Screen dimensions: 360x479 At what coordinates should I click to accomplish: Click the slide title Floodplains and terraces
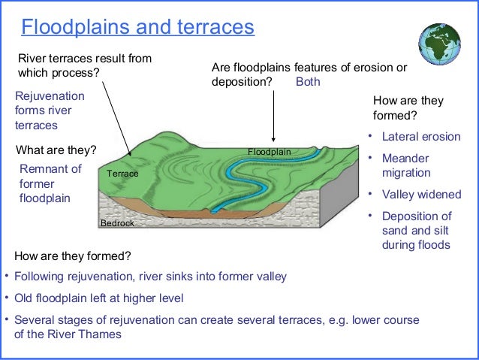click(137, 28)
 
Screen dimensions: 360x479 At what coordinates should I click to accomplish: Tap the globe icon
click(439, 38)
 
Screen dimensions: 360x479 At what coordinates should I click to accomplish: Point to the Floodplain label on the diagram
click(269, 152)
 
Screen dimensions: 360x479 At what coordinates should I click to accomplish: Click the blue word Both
click(308, 82)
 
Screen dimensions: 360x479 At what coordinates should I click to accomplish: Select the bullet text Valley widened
click(421, 195)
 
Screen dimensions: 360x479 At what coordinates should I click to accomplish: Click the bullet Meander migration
click(405, 165)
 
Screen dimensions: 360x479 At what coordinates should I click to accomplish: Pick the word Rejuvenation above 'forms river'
click(50, 97)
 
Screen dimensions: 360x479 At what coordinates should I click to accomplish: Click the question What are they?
click(56, 149)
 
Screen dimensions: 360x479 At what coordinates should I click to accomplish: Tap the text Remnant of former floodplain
click(50, 183)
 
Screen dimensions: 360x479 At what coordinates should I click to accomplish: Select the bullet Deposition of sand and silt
click(416, 231)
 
